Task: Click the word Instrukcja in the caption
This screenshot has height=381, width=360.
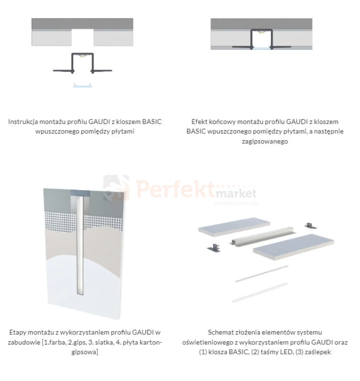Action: (23, 122)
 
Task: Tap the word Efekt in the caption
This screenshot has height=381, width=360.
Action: (199, 122)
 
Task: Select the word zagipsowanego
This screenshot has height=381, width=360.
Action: (264, 141)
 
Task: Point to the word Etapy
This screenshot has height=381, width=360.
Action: (17, 333)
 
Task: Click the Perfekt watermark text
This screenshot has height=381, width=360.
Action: (175, 189)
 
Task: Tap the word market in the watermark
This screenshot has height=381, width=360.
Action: (236, 194)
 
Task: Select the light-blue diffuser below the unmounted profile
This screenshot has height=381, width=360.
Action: (83, 85)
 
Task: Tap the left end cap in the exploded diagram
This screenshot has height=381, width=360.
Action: (214, 248)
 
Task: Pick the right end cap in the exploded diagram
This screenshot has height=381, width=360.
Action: (310, 226)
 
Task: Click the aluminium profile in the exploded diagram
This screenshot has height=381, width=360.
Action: (262, 236)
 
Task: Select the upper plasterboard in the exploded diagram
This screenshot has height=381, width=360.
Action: (234, 227)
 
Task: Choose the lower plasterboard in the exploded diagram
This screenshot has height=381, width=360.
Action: (293, 246)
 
